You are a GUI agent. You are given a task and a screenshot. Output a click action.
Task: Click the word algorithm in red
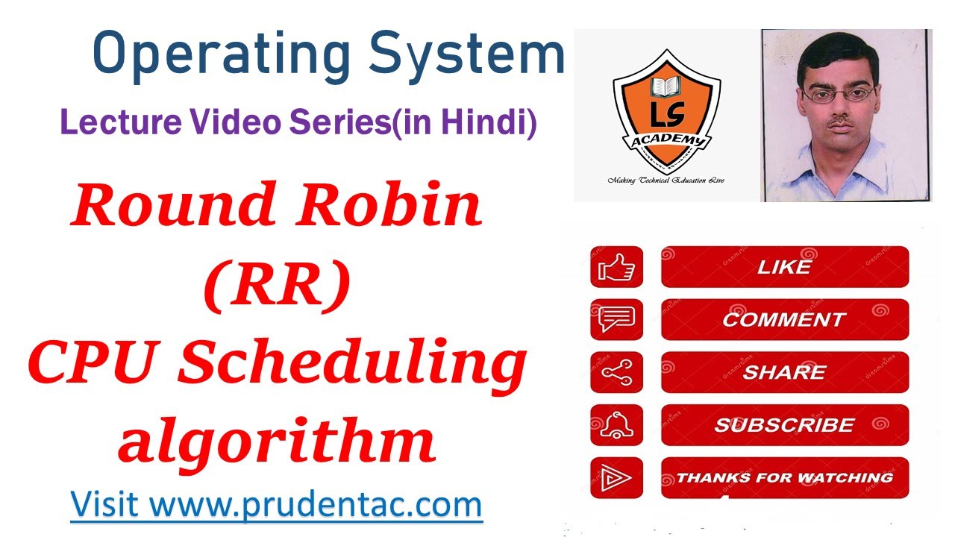pyautogui.click(x=276, y=441)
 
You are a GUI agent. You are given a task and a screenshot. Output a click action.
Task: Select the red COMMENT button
pyautogui.click(x=784, y=319)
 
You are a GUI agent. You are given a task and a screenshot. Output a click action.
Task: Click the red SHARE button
pyautogui.click(x=784, y=372)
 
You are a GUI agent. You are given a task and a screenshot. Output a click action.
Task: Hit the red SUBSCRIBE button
pyautogui.click(x=784, y=425)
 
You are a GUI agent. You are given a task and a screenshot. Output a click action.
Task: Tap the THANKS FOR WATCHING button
pyautogui.click(x=784, y=477)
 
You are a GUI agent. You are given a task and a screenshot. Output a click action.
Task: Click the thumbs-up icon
pyautogui.click(x=616, y=267)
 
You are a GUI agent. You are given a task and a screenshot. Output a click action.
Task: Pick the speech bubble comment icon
pyautogui.click(x=616, y=319)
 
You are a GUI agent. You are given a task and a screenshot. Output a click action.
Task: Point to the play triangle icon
pyautogui.click(x=616, y=477)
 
